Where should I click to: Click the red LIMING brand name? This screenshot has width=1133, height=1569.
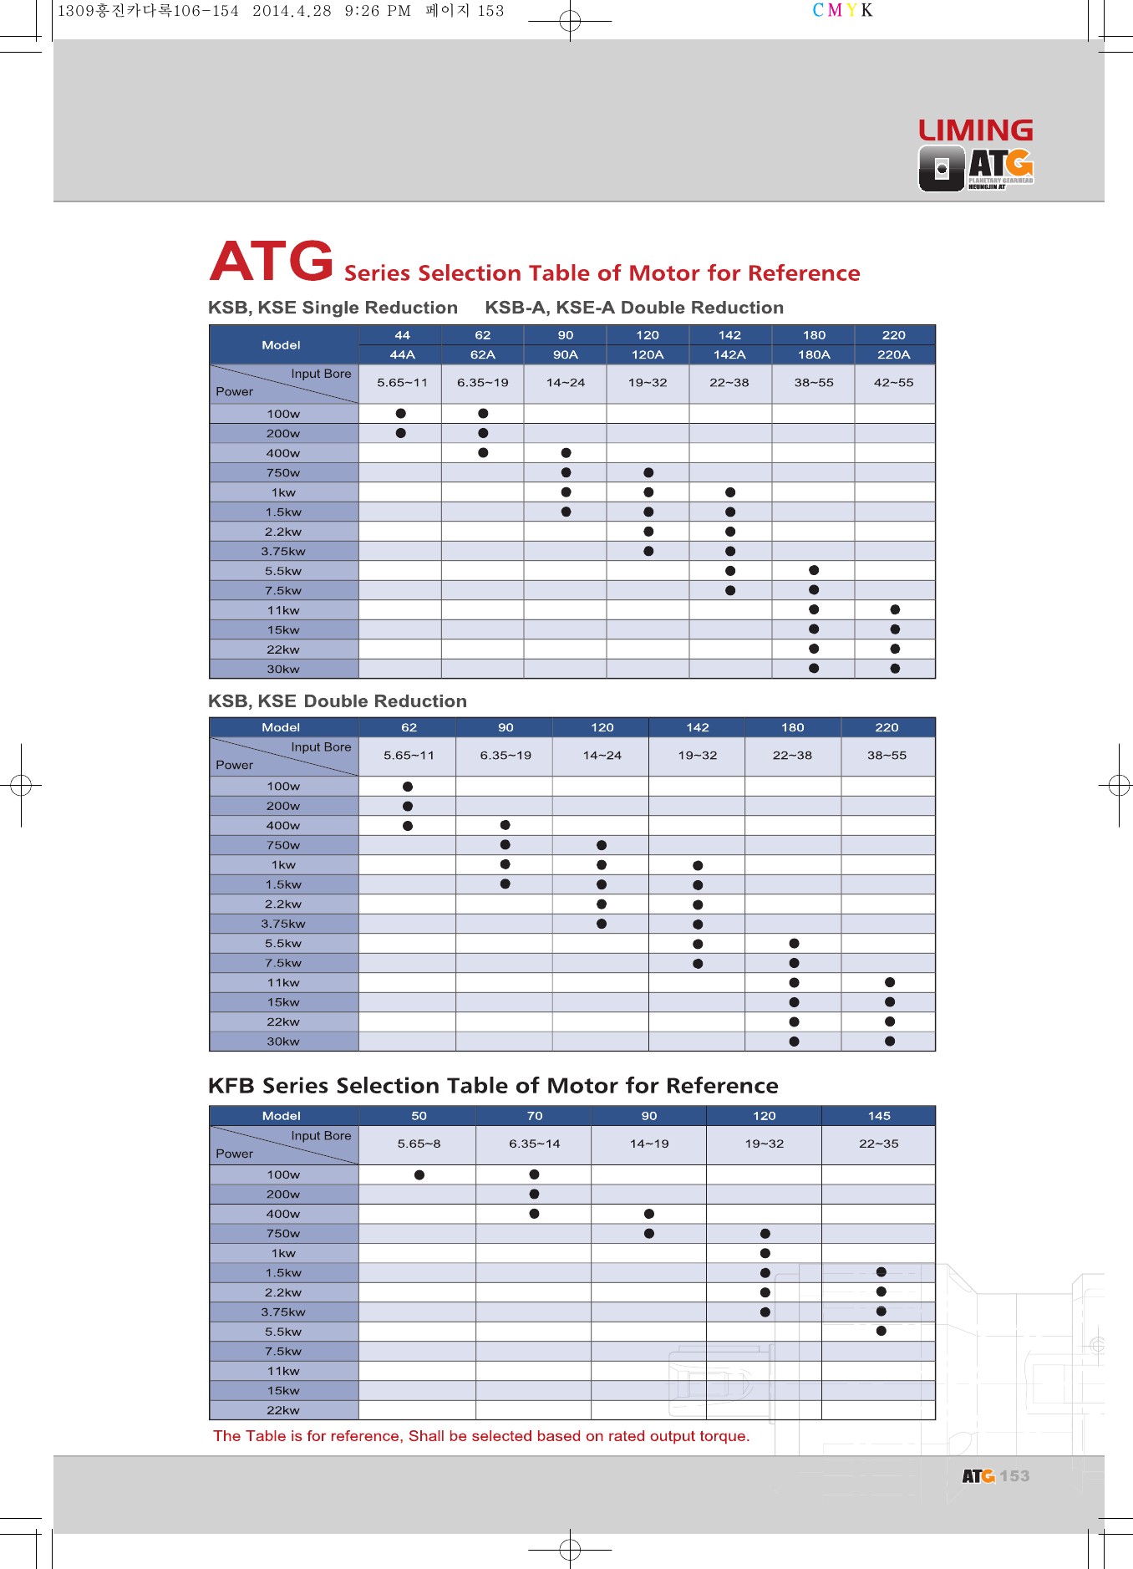point(975,130)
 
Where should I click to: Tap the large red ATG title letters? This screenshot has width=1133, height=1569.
point(272,261)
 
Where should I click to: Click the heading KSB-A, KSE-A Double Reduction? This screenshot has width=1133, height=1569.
point(634,308)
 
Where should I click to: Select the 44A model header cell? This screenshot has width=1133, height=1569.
point(402,354)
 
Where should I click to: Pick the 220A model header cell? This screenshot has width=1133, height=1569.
point(893,354)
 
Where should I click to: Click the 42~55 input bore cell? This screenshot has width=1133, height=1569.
point(893,383)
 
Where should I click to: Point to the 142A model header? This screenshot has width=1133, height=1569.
point(729,354)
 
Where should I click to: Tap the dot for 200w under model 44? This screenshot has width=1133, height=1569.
point(401,433)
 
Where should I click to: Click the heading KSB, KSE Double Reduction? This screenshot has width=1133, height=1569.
point(337,701)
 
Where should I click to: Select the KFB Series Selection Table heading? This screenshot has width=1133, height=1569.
point(493,1086)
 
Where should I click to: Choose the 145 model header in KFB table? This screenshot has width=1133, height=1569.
point(879,1116)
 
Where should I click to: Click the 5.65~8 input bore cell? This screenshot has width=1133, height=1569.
point(419,1144)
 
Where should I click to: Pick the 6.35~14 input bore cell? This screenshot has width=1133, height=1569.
point(534,1144)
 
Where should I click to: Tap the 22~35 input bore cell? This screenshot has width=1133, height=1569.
point(879,1144)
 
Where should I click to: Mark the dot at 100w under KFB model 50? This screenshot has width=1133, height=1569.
point(419,1174)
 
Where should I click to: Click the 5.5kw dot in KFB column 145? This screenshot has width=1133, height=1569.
point(881,1331)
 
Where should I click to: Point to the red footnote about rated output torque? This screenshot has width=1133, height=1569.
point(481,1436)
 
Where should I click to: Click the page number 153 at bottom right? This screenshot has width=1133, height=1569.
point(1014,1476)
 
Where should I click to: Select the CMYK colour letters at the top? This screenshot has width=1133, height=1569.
point(842,11)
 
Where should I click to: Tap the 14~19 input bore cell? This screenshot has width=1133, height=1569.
point(649,1144)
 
